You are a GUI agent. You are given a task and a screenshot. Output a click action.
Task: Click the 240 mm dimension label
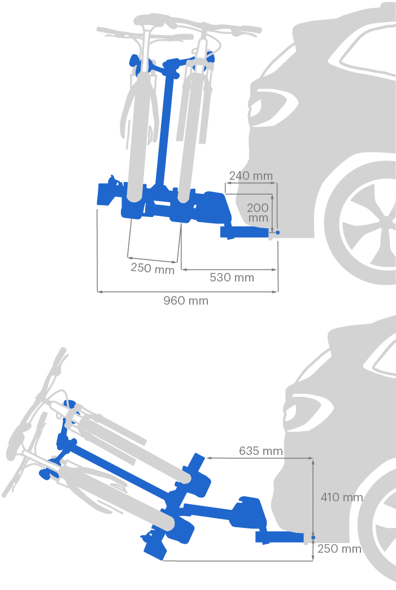[x=251, y=176]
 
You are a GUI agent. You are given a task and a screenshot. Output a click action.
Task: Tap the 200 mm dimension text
[x=258, y=212]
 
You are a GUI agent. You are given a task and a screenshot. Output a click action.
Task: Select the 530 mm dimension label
[x=232, y=277]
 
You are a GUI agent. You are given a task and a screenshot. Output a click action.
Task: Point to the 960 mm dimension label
[x=186, y=301]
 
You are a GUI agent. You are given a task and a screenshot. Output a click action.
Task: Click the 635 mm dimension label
[x=261, y=451]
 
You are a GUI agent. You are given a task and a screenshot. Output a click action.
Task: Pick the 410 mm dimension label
[x=341, y=497]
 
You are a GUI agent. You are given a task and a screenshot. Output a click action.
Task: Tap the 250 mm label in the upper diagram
[x=153, y=268]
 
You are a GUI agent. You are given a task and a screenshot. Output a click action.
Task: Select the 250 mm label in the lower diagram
[x=339, y=549]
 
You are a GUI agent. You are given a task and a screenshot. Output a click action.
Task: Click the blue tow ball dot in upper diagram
[x=277, y=232]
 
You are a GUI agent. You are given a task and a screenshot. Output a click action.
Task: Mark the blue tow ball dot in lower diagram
[x=314, y=537]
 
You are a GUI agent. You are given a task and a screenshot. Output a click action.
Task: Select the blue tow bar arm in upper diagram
[x=245, y=232]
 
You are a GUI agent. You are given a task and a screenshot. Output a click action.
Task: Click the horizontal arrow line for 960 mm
[x=188, y=291]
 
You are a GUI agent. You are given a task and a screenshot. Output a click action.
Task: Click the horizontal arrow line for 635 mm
[x=260, y=458]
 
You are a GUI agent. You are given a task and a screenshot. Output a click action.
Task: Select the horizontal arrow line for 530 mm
[x=229, y=270]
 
